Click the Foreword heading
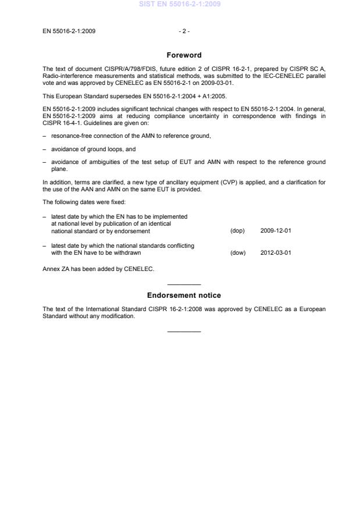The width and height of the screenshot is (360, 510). [x=184, y=55]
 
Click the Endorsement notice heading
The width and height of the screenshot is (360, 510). [x=184, y=295]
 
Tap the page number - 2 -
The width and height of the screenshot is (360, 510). [x=184, y=31]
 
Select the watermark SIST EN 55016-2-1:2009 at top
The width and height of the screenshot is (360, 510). [x=180, y=5]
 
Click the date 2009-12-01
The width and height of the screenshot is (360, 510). [x=276, y=231]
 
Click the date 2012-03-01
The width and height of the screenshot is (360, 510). [x=276, y=252]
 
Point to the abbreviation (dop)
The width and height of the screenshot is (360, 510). [x=237, y=231]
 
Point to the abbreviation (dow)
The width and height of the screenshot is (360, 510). [x=238, y=252]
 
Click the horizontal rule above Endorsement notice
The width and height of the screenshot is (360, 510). [x=184, y=284]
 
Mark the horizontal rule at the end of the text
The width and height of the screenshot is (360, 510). [x=184, y=331]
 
